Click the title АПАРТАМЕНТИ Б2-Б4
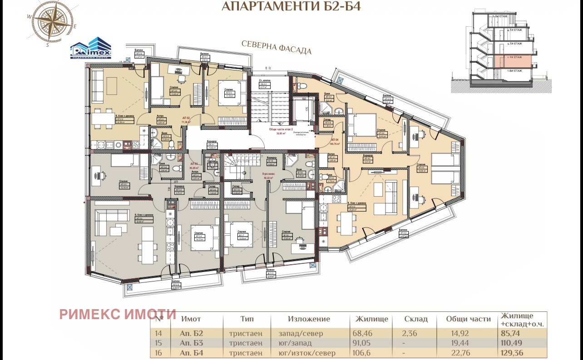(291, 6)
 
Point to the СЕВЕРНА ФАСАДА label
(277, 47)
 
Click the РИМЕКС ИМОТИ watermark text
(118, 314)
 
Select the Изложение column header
(309, 319)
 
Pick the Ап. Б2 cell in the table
(191, 333)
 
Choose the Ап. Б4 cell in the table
(191, 352)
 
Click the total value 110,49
(512, 343)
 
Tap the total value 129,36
(512, 352)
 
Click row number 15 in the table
(159, 343)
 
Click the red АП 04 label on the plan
(335, 139)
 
